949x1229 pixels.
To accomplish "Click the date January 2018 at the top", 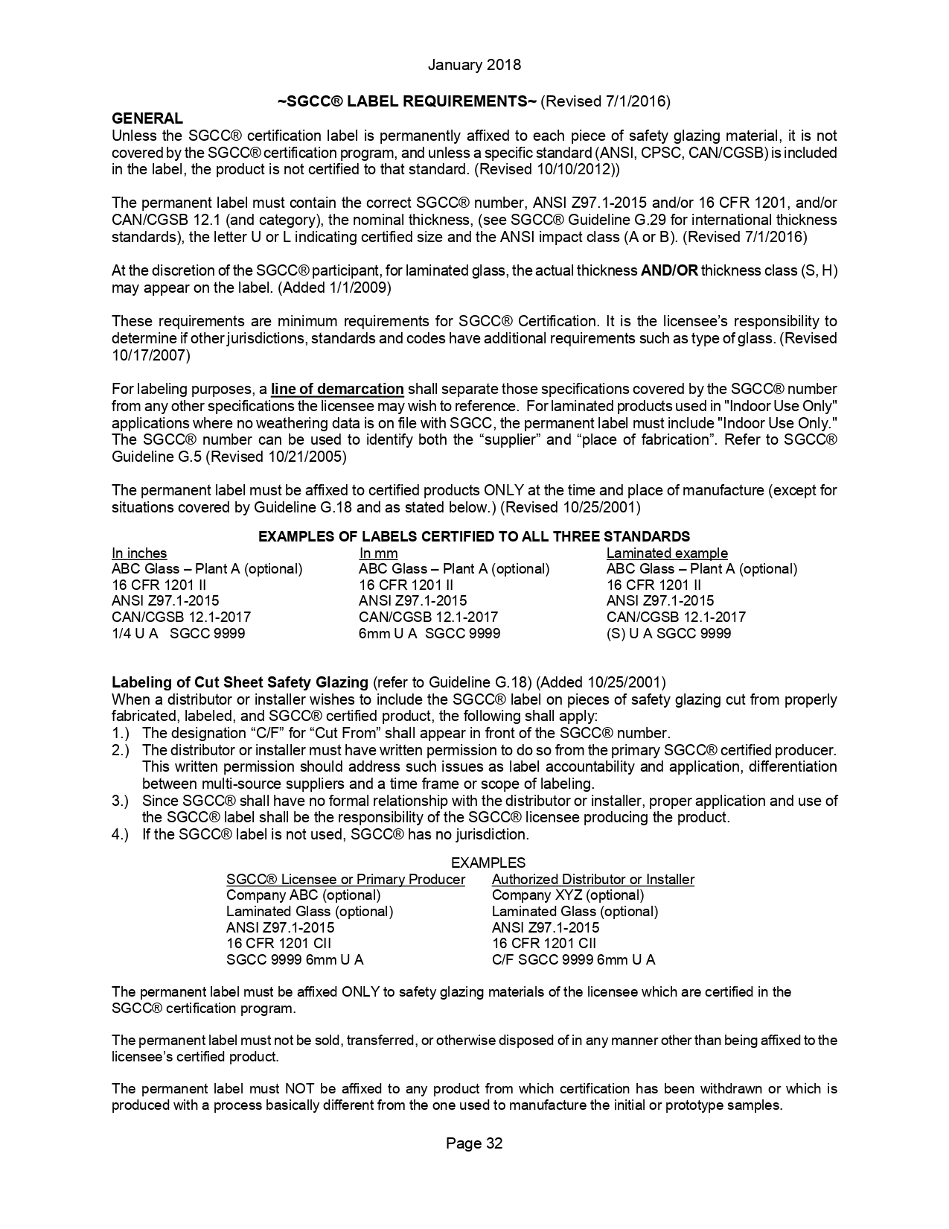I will (x=474, y=65).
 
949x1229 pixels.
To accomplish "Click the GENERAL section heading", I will (x=147, y=118).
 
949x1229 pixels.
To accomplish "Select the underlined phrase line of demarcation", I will (x=337, y=389).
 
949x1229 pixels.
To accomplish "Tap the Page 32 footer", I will (x=474, y=1143).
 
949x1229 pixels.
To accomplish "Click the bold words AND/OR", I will (x=668, y=270).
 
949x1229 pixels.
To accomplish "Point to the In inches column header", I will (x=139, y=553).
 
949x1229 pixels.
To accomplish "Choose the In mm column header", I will (x=378, y=553).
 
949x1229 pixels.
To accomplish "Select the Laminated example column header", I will (x=667, y=553).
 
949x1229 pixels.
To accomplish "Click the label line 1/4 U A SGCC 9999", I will (x=178, y=633).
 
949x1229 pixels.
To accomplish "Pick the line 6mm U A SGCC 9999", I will (x=429, y=633).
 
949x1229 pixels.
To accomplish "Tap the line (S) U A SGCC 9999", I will (x=668, y=633).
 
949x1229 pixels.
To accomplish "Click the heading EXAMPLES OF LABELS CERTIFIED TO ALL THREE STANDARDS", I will (x=473, y=536).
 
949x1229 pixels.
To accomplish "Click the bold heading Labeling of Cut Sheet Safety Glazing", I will (x=240, y=682).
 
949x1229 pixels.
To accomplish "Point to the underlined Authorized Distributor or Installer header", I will (x=592, y=879).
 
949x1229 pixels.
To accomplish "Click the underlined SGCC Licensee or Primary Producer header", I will (x=345, y=879).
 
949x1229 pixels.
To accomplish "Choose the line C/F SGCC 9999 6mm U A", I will (x=573, y=959).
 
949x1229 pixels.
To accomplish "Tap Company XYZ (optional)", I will (x=567, y=895).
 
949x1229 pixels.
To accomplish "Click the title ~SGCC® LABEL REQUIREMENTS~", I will (x=407, y=101).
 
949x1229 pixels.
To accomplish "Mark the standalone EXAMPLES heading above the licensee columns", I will (x=488, y=863).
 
